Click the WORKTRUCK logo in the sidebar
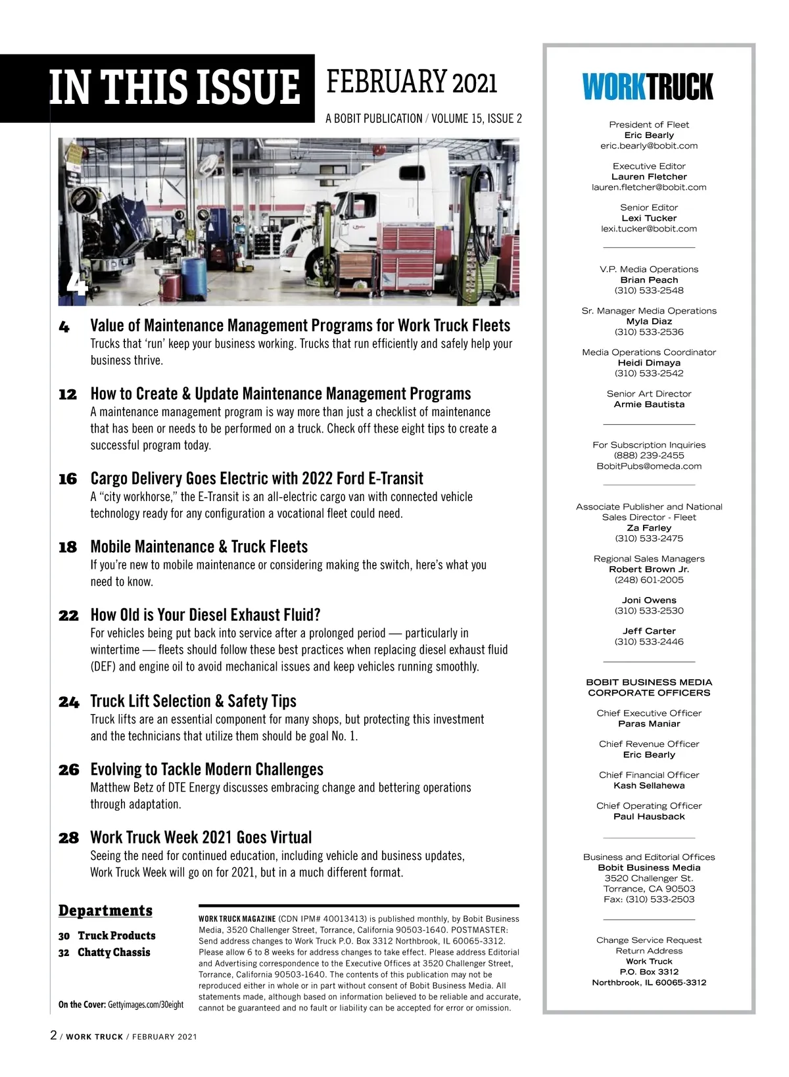coord(648,87)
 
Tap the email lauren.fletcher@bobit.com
coord(649,187)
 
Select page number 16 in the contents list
coord(68,479)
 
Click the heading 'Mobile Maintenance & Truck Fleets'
coord(199,547)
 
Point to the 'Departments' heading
coord(105,911)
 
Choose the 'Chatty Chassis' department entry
coord(114,953)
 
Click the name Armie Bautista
coord(649,404)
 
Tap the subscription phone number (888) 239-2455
coord(649,456)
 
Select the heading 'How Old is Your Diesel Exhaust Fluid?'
coord(205,615)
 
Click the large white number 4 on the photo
coord(76,284)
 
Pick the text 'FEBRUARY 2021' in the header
coord(412,83)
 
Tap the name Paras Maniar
coord(649,724)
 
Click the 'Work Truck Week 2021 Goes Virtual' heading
coord(201,838)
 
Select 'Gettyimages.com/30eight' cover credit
coord(145,1005)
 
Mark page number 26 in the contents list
coord(68,770)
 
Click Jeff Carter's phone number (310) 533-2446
coord(649,642)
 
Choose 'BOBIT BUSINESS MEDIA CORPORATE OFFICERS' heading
coord(649,688)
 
